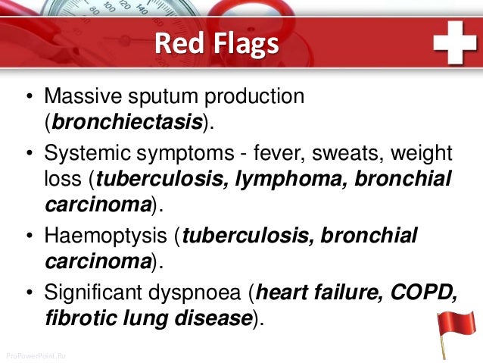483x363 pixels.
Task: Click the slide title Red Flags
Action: [216, 44]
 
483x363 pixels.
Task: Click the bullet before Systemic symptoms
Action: [28, 155]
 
